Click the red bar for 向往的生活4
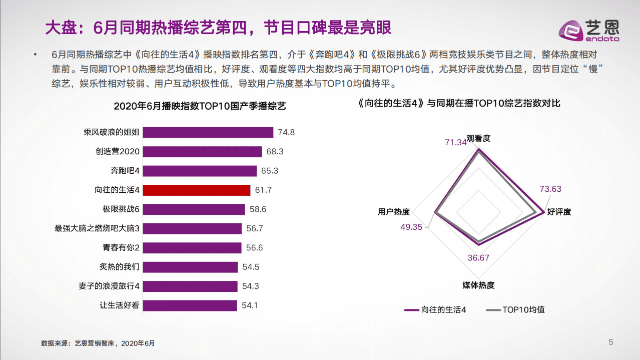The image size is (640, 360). coord(197,190)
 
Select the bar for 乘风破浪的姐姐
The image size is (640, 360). coord(208,133)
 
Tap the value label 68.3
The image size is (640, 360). coord(275,152)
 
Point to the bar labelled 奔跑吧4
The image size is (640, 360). coord(200,171)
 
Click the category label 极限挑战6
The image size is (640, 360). coord(121,209)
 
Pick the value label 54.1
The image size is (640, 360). coord(250,305)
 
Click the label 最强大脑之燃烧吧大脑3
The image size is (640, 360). coord(97,228)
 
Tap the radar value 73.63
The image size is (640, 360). coord(550,189)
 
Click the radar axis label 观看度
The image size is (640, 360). coord(478,138)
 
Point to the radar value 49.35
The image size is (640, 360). coord(411,227)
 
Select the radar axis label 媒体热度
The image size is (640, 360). coord(478,285)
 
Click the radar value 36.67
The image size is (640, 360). coord(478,258)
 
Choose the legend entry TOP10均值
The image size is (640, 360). coord(515,310)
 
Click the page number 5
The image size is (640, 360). coord(610,342)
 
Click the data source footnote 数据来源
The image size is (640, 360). coord(98,343)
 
